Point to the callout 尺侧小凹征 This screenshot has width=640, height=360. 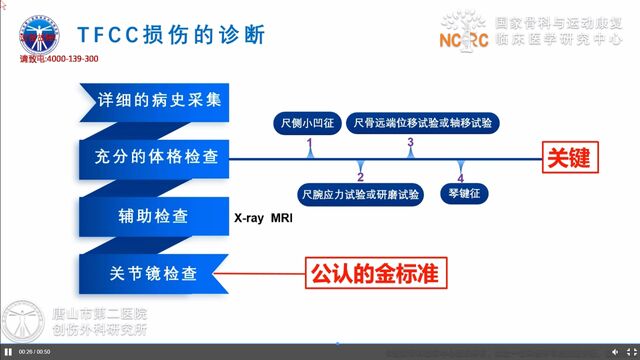pyautogui.click(x=307, y=124)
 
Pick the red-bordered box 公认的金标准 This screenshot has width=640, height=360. pyautogui.click(x=374, y=271)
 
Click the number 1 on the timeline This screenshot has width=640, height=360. pyautogui.click(x=309, y=144)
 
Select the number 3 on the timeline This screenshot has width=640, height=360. pyautogui.click(x=410, y=144)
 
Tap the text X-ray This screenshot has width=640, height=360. pyautogui.click(x=250, y=217)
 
